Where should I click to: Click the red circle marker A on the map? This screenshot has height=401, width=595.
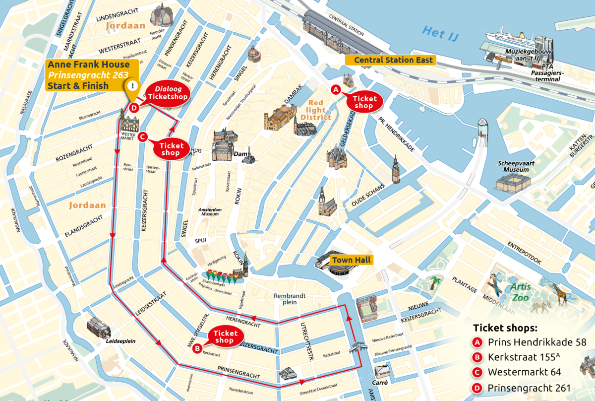(x=336, y=90)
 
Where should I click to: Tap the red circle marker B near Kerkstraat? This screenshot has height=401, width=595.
(x=197, y=349)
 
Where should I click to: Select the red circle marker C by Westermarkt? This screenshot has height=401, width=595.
(x=142, y=137)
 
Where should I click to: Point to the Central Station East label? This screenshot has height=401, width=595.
(x=390, y=60)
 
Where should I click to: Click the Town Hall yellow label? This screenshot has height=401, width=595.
(x=351, y=260)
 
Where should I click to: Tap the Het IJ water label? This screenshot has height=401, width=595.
(x=438, y=32)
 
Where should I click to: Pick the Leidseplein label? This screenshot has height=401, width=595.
(x=120, y=342)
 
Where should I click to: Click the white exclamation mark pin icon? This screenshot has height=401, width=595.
(x=132, y=86)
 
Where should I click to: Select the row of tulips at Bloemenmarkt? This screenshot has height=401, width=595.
(x=218, y=274)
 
